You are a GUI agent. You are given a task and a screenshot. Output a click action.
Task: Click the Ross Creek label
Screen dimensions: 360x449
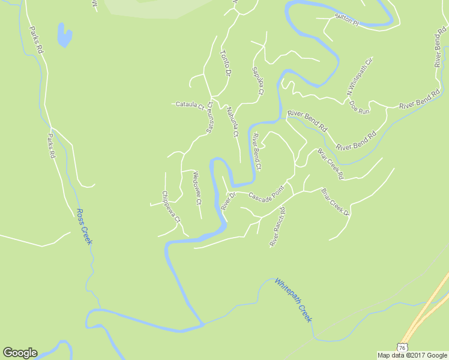[85, 226]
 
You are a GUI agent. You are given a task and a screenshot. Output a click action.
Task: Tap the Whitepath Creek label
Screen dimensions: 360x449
[294, 299]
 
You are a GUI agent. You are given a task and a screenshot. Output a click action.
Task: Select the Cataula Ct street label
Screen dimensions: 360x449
[190, 104]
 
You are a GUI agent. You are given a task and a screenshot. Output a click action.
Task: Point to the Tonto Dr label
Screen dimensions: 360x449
[226, 62]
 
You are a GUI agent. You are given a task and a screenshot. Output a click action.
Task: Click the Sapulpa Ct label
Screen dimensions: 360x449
[258, 80]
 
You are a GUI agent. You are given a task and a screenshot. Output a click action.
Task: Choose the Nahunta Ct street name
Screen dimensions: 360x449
[233, 121]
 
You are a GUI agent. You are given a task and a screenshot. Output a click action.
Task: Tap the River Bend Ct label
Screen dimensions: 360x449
[257, 152]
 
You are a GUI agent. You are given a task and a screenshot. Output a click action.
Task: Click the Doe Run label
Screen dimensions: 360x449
[360, 106]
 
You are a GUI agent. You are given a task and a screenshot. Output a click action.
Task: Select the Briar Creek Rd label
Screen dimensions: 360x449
[330, 163]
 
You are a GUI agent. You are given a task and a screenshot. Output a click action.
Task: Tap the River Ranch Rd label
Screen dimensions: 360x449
[277, 227]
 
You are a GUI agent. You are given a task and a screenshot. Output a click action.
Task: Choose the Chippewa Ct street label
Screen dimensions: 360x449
[171, 206]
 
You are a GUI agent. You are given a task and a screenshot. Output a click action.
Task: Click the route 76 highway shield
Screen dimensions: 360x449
[402, 347]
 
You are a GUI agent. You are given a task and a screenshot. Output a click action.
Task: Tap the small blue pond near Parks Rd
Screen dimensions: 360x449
[63, 35]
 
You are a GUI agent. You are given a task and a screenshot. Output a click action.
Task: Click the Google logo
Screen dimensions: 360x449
[20, 352]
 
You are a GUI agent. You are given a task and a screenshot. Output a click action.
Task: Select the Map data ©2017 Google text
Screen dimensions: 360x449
[412, 355]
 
